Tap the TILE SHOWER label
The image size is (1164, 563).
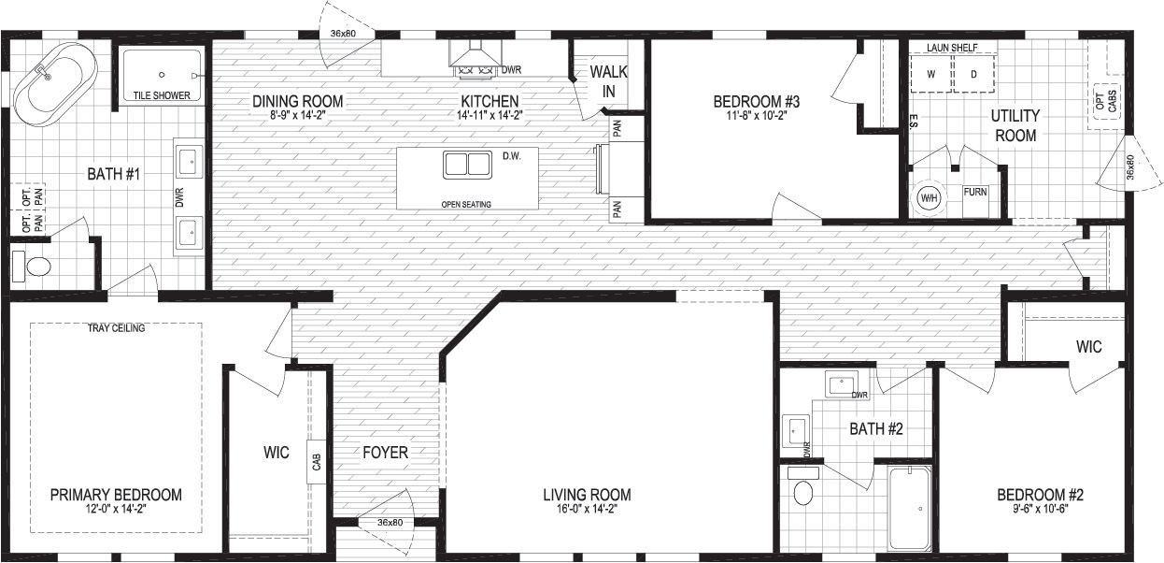(x=162, y=95)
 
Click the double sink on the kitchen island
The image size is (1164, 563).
(x=467, y=165)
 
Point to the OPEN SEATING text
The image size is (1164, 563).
(x=466, y=205)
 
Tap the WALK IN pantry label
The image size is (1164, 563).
(x=608, y=81)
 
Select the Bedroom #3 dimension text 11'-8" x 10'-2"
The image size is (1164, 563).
(x=756, y=116)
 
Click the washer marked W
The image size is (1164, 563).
(x=931, y=74)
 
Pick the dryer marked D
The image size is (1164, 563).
(x=974, y=74)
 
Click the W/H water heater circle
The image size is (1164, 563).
(x=930, y=197)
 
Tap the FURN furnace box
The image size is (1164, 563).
(x=975, y=201)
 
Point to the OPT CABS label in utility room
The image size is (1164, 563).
(x=1106, y=101)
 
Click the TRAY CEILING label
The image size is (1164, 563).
(x=117, y=328)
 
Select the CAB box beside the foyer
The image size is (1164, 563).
(x=317, y=462)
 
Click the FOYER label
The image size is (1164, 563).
(x=385, y=452)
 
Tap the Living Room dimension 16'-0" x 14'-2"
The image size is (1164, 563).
(x=587, y=509)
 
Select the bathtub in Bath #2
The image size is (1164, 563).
(x=909, y=509)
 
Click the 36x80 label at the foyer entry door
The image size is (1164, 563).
(x=390, y=522)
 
